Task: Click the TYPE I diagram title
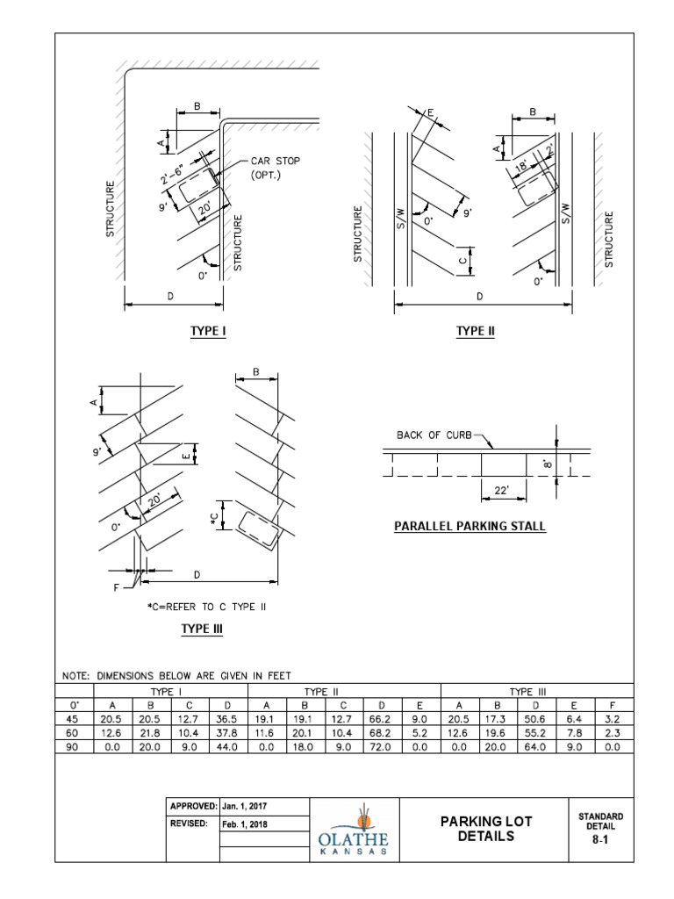coord(208,331)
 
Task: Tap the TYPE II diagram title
coord(476,331)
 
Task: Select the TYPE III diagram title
coord(202,629)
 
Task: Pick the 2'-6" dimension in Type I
coord(175,172)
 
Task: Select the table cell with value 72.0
coord(383,745)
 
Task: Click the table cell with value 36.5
coord(228,717)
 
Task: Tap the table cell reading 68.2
coord(383,731)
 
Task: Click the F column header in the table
coord(613,704)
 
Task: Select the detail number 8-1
coord(601,838)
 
